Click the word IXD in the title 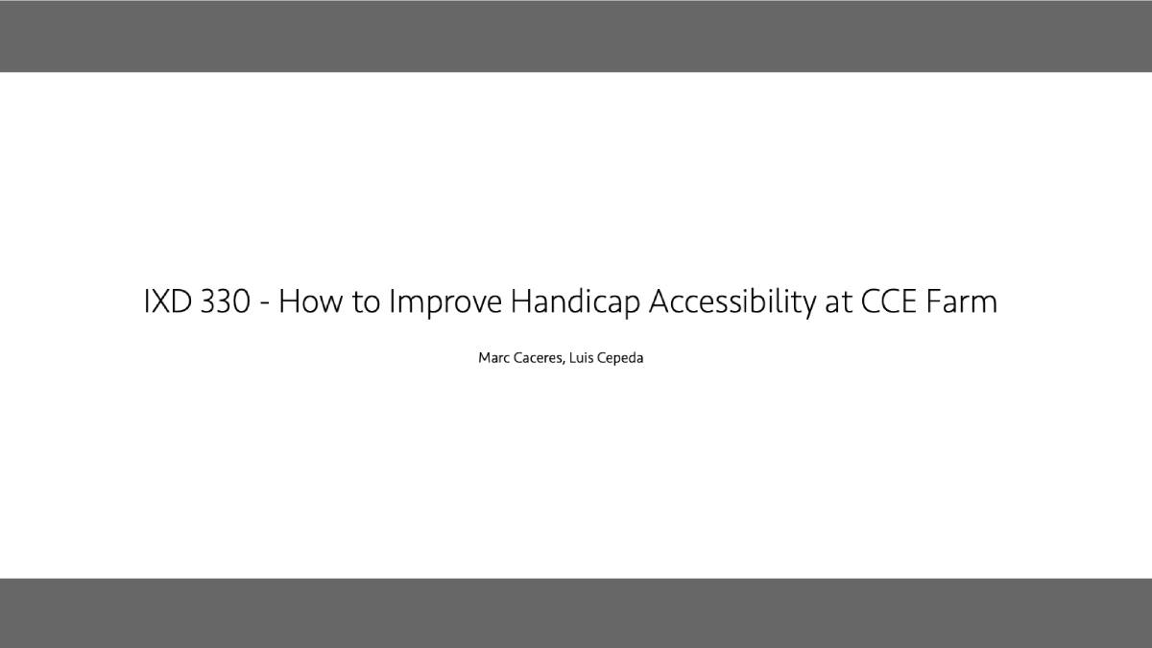(168, 301)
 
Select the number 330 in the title (226, 301)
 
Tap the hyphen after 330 (265, 304)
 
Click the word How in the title (310, 301)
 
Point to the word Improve (445, 303)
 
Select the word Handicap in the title (575, 302)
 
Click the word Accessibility (732, 302)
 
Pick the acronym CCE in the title (889, 301)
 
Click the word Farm (962, 301)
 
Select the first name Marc (494, 358)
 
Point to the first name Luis (581, 358)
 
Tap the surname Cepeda (620, 359)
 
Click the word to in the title (366, 302)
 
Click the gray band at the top (576, 36)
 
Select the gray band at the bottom (576, 613)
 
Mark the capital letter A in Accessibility (660, 301)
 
